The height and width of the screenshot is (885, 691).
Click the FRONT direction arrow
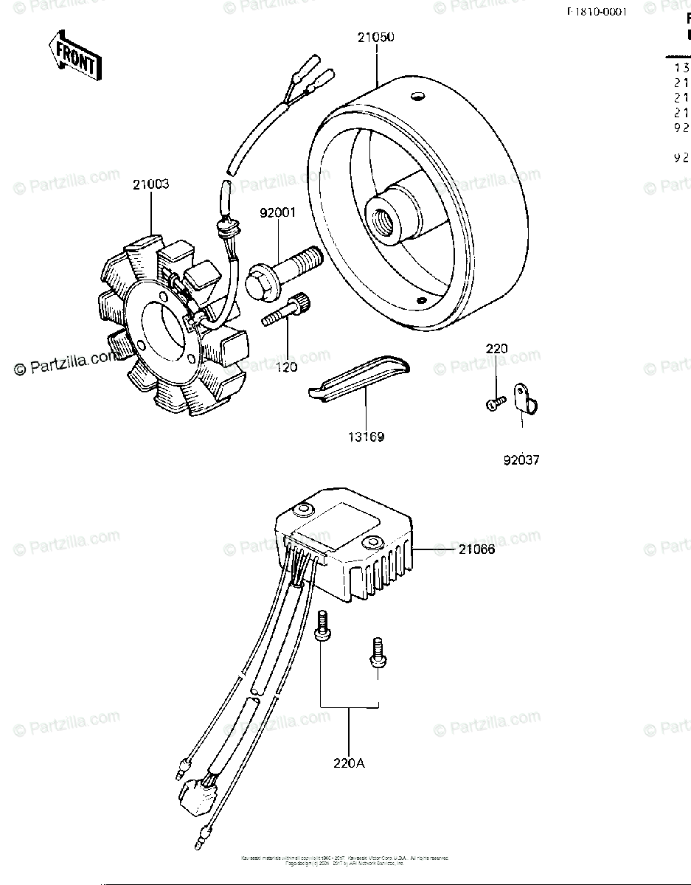click(x=74, y=56)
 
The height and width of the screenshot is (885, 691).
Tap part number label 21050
click(x=376, y=37)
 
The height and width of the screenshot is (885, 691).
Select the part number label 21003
click(x=150, y=184)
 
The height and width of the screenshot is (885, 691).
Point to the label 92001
click(x=277, y=214)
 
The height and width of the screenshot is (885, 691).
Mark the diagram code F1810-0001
click(x=597, y=12)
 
